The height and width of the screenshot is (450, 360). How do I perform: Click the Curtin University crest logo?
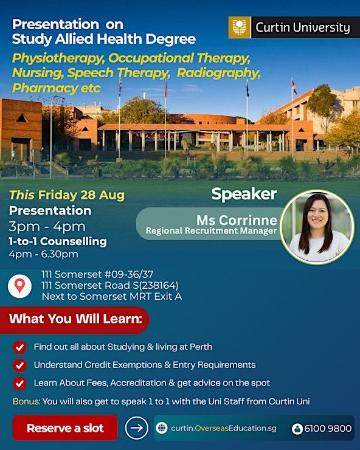(240, 27)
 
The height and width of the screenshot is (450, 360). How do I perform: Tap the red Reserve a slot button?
(65, 427)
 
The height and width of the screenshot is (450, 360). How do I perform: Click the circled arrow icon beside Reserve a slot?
(137, 428)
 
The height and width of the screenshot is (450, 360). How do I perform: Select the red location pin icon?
(20, 286)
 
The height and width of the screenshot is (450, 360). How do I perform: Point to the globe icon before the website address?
(162, 428)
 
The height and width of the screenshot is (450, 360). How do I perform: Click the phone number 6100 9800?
(328, 429)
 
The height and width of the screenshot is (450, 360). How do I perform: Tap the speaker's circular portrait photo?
(317, 227)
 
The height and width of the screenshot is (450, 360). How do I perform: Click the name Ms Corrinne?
(237, 220)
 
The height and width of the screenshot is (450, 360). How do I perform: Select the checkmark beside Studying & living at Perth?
(19, 347)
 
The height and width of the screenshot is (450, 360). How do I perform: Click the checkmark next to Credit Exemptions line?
(19, 365)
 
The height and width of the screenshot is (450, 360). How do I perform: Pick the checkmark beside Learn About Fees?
(19, 384)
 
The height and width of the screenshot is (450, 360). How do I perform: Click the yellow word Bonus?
(26, 401)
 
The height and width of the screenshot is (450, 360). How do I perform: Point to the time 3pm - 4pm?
(47, 226)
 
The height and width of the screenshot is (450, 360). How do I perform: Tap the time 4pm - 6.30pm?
(43, 254)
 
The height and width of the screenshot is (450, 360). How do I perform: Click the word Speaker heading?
(244, 195)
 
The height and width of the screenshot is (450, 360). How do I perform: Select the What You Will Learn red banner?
(74, 320)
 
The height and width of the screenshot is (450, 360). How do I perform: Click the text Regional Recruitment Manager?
(211, 231)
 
